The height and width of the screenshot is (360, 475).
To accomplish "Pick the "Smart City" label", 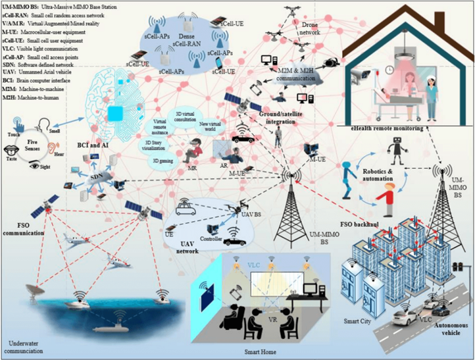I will point(360,322).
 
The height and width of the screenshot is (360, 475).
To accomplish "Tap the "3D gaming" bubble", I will point(159,160).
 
